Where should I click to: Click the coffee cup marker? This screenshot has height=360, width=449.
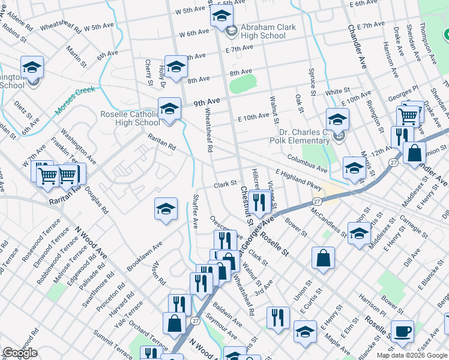tap(403, 331)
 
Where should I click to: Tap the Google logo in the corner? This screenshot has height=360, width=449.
tap(20, 353)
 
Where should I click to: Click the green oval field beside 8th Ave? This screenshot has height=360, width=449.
tap(243, 83)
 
